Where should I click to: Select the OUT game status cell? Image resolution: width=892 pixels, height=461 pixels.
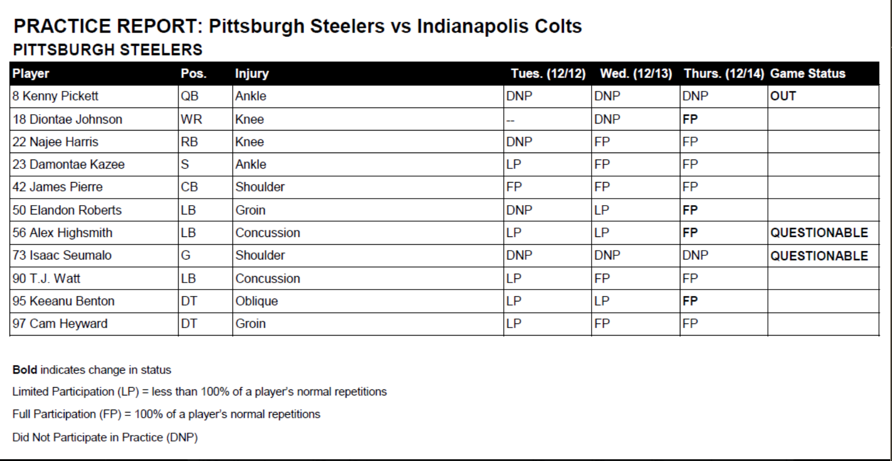point(783,96)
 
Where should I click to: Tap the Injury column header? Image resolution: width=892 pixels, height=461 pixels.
point(252,74)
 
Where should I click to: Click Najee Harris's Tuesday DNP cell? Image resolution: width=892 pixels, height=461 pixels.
point(520,142)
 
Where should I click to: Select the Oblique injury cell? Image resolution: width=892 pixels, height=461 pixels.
point(257,301)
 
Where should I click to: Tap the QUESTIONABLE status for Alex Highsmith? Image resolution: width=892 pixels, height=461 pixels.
point(819,233)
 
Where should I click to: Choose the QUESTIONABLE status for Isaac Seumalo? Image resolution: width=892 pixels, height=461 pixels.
point(819,256)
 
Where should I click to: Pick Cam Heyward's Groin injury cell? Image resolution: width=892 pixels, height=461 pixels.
point(251,324)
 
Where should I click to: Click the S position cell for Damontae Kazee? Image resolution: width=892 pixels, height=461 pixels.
point(184,165)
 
